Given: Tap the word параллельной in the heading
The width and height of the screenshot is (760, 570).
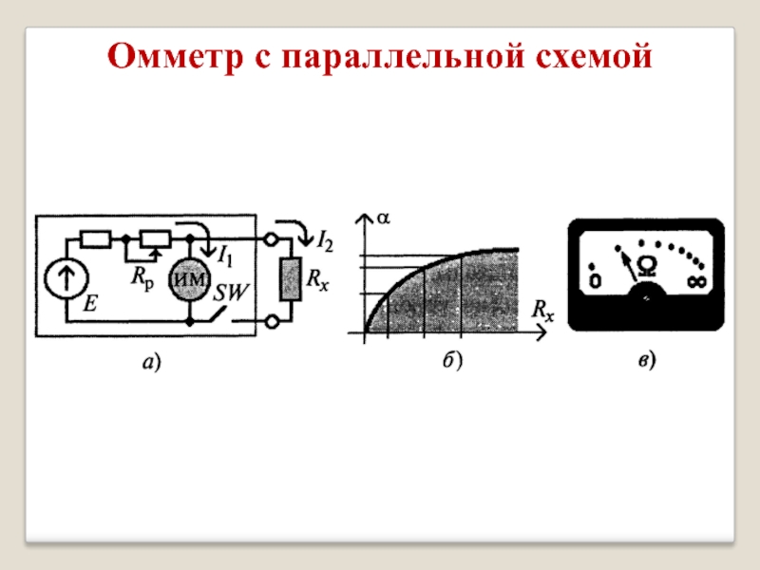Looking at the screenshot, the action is click(398, 58).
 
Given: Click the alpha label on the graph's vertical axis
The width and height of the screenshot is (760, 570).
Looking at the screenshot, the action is click(384, 218).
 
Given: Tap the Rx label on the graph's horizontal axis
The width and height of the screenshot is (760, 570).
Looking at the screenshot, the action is click(542, 310).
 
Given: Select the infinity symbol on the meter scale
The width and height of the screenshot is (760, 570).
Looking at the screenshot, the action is click(697, 281).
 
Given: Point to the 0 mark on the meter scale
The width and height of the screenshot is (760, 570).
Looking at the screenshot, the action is click(595, 281).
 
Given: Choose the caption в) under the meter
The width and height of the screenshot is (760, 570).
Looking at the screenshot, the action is click(646, 361).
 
